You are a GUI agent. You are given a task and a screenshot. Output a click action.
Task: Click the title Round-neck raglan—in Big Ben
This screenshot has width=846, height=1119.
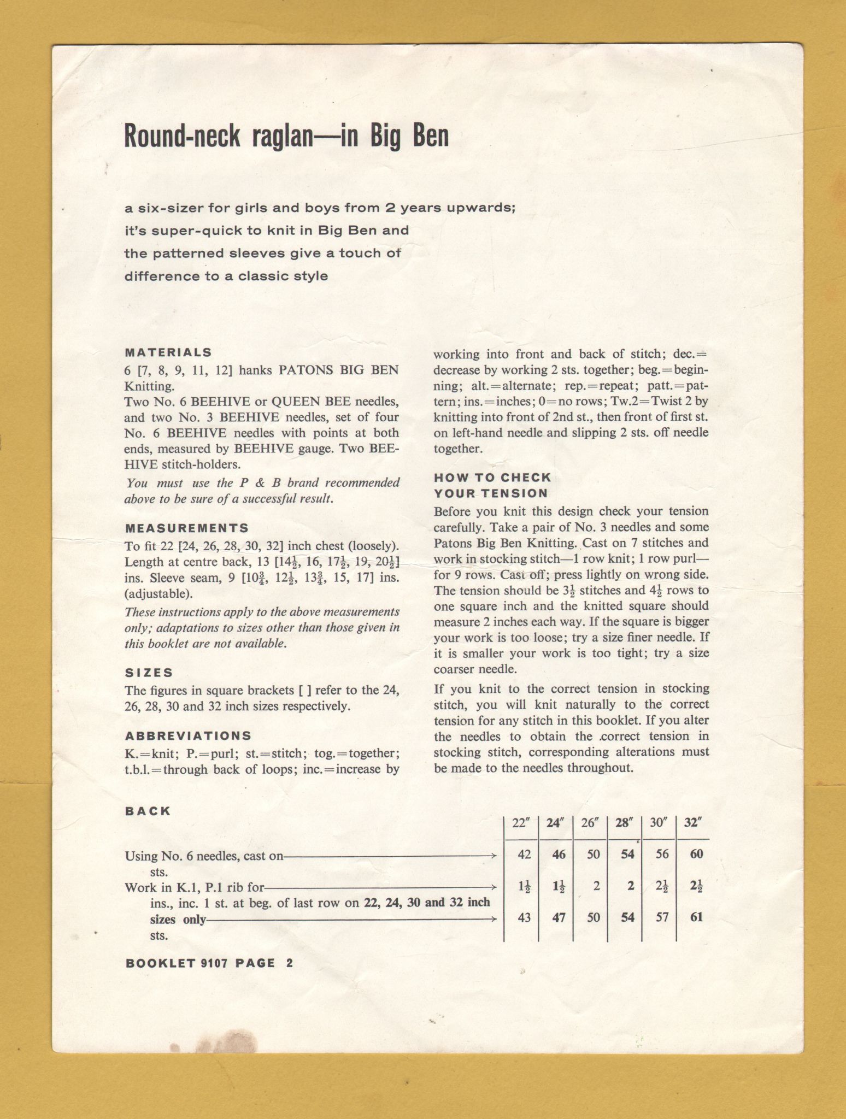[x=286, y=136]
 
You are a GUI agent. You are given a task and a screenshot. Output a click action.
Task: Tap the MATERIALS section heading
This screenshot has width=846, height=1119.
[x=168, y=352]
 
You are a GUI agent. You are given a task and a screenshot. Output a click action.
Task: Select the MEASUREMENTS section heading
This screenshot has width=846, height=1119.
[x=186, y=528]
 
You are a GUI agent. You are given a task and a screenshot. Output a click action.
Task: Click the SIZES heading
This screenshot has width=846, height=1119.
[x=149, y=673]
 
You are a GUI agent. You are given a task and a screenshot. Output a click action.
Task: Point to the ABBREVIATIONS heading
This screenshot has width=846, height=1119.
[x=188, y=736]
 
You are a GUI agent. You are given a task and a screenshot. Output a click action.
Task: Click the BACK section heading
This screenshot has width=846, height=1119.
[x=148, y=811]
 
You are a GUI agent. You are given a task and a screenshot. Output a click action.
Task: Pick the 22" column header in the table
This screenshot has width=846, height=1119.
[x=522, y=823]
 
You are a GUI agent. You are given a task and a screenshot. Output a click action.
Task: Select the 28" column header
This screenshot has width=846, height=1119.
[x=624, y=823]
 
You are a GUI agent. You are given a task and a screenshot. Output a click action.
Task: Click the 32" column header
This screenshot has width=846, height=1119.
[x=693, y=823]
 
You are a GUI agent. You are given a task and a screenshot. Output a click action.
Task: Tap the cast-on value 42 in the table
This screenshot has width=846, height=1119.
[x=524, y=854]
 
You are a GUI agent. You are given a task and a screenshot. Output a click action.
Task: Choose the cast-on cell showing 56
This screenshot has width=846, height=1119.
[x=662, y=854]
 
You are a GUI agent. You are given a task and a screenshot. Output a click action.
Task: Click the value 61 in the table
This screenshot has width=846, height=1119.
[x=696, y=917]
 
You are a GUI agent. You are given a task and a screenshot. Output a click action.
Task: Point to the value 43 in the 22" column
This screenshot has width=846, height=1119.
[x=524, y=917]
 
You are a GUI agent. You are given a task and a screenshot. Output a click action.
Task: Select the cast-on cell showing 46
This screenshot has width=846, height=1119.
[x=559, y=854]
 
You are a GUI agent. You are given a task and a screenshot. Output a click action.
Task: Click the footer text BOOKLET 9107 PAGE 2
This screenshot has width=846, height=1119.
[x=209, y=963]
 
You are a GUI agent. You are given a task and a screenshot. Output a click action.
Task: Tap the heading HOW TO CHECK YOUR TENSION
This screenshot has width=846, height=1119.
[x=491, y=485]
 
